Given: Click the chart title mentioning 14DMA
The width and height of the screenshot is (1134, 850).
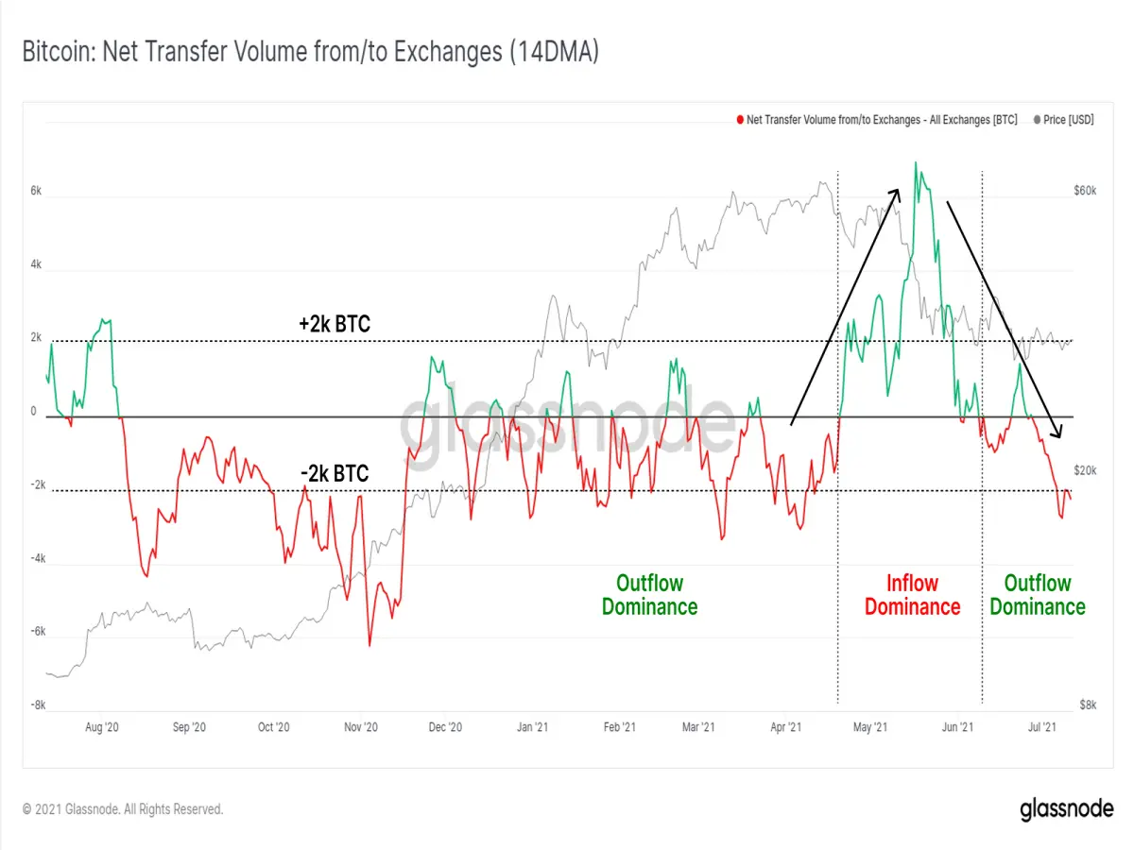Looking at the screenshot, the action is coord(311,52).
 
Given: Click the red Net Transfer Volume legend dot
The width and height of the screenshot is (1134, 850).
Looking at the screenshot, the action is coord(740,120).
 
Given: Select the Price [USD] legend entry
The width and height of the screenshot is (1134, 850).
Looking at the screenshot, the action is coord(1064,120).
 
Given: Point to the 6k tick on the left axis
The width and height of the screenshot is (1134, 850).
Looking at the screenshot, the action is coord(36,191).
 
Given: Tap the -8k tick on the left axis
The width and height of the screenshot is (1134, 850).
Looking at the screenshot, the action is coord(38,705).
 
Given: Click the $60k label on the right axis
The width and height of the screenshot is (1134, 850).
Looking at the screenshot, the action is coord(1085,191).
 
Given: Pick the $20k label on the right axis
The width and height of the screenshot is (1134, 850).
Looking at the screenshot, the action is coord(1085,470).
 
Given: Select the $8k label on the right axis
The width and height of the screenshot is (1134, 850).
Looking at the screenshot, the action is coord(1088,705).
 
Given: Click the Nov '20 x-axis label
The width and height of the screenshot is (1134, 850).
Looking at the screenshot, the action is coord(361,727).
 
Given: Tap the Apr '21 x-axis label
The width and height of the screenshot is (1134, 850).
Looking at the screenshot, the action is coord(785,727).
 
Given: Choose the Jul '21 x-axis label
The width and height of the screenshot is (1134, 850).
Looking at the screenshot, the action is coord(1042,727).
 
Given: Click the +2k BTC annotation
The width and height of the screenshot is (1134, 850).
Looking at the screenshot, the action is coord(335,324).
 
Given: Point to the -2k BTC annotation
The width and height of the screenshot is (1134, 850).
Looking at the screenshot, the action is coord(335,473).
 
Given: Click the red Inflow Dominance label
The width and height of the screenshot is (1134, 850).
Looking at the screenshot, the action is coord(912,595).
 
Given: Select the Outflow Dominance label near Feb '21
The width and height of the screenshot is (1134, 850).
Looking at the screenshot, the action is coord(649,595).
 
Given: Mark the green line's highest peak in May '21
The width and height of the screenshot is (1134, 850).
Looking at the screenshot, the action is coord(916,162).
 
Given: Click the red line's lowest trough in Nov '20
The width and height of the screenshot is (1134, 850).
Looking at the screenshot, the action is coord(369,645).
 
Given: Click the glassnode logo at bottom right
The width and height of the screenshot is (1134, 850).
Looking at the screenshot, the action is coord(1066,809).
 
